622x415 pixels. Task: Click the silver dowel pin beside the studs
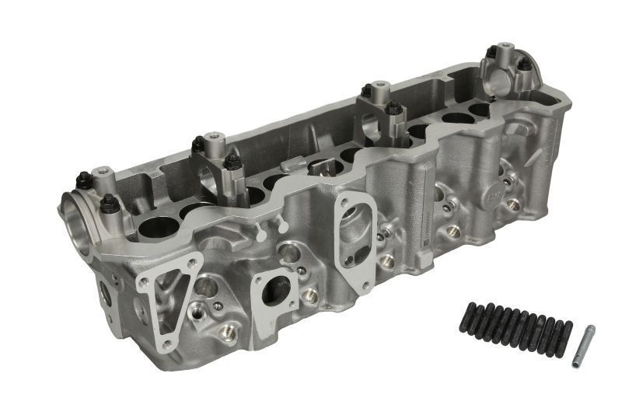pos(582,346)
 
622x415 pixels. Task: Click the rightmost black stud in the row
pos(565,339)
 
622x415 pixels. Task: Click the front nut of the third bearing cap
pos(394,108)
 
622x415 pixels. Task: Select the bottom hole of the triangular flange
pos(164,340)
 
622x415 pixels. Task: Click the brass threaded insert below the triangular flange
pos(227,333)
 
